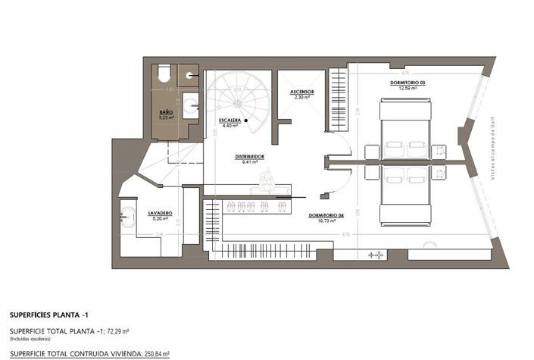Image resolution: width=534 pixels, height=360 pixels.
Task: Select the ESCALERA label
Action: click(x=230, y=121)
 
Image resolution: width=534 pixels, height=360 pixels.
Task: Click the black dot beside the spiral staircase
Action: click(x=246, y=120)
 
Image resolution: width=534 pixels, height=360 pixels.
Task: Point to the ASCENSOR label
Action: click(x=301, y=92)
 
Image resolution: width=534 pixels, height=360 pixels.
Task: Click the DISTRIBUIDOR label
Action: click(x=248, y=156)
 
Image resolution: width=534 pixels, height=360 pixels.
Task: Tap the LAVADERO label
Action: click(x=160, y=213)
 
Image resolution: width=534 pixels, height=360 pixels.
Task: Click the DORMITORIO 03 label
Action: click(x=407, y=81)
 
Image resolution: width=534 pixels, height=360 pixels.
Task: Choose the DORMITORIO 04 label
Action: click(x=326, y=215)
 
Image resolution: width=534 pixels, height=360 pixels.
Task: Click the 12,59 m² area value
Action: click(x=408, y=87)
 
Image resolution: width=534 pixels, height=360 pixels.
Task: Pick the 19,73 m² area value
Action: click(x=327, y=221)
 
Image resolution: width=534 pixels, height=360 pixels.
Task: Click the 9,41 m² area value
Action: click(x=248, y=162)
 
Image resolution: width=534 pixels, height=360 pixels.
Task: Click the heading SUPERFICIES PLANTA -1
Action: click(x=49, y=313)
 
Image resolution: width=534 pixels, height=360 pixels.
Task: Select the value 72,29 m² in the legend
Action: click(x=115, y=331)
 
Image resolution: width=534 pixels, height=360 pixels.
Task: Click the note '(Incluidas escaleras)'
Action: click(x=30, y=338)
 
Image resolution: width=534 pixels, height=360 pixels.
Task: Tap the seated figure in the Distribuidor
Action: click(x=266, y=180)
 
